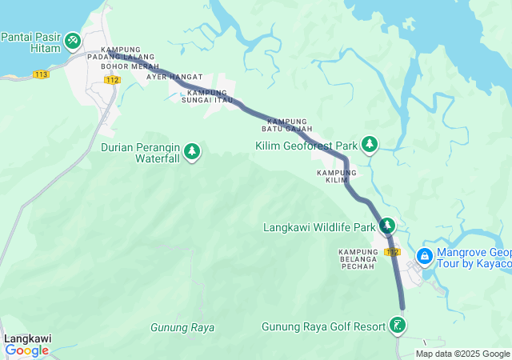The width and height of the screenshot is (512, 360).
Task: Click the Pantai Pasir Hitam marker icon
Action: tap(73, 39)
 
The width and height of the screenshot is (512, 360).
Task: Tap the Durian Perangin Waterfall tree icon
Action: tap(192, 150)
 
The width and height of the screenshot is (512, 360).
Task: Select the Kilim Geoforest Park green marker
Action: tap(370, 144)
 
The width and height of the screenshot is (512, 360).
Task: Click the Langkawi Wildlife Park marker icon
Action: tap(387, 226)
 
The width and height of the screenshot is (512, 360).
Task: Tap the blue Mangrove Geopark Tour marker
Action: tap(424, 257)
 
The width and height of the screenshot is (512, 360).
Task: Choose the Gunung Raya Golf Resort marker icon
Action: tap(397, 325)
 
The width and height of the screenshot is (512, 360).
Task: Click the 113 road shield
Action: tap(42, 74)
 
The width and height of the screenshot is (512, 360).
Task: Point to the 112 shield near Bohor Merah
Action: tap(112, 79)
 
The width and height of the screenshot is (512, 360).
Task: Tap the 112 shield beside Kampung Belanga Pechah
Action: tap(391, 252)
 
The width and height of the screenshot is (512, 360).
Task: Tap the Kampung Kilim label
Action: tap(337, 176)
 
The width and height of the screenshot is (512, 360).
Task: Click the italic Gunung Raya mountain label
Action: tap(182, 328)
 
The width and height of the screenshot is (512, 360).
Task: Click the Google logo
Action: tap(26, 350)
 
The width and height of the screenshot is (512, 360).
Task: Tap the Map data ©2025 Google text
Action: tap(463, 354)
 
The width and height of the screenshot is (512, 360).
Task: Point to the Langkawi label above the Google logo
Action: tap(27, 338)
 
